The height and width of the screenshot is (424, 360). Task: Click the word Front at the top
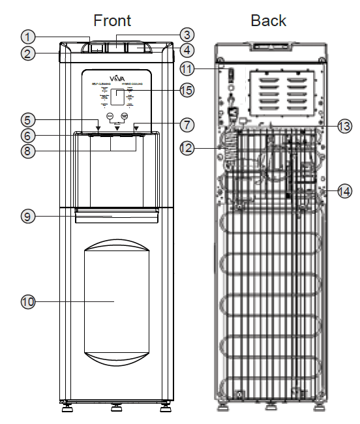[x=112, y=20]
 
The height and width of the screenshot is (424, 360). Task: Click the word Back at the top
[x=268, y=20]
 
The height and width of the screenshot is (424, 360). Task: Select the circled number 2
[x=27, y=53]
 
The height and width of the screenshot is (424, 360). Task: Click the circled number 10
[x=27, y=301]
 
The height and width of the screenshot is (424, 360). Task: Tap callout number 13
[x=344, y=128]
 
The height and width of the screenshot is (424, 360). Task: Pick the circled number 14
[x=344, y=191]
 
